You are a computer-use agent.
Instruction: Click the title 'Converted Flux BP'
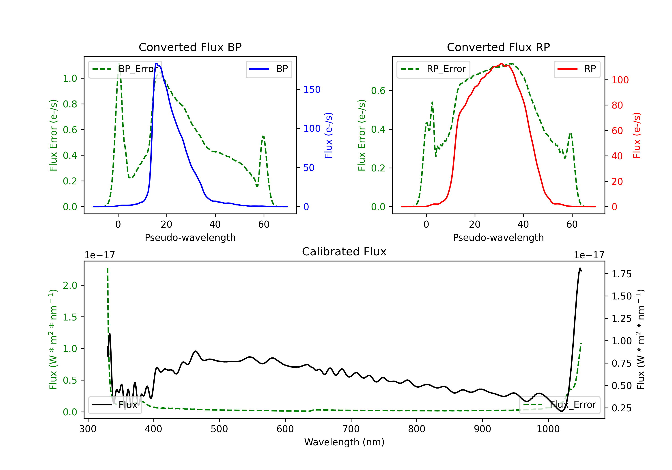pos(190,47)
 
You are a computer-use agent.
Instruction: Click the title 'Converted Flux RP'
pos(498,47)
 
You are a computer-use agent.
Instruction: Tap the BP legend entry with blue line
pos(269,69)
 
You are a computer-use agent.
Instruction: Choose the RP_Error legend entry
pos(433,69)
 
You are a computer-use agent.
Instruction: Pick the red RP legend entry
pos(577,69)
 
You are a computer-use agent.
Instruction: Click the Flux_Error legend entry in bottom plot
pos(560,405)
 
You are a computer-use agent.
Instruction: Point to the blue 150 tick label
pos(312,90)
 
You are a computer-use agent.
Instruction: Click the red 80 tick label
pos(617,105)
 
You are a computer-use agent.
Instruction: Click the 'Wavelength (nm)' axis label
pos(344,442)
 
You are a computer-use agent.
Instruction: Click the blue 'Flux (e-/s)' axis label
pos(328,135)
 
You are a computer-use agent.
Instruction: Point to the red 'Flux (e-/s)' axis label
pos(637,135)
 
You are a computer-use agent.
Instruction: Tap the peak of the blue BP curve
pos(157,64)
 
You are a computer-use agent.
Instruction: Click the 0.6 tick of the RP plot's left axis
pos(378,91)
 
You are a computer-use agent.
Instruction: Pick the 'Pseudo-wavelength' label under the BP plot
pos(190,237)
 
